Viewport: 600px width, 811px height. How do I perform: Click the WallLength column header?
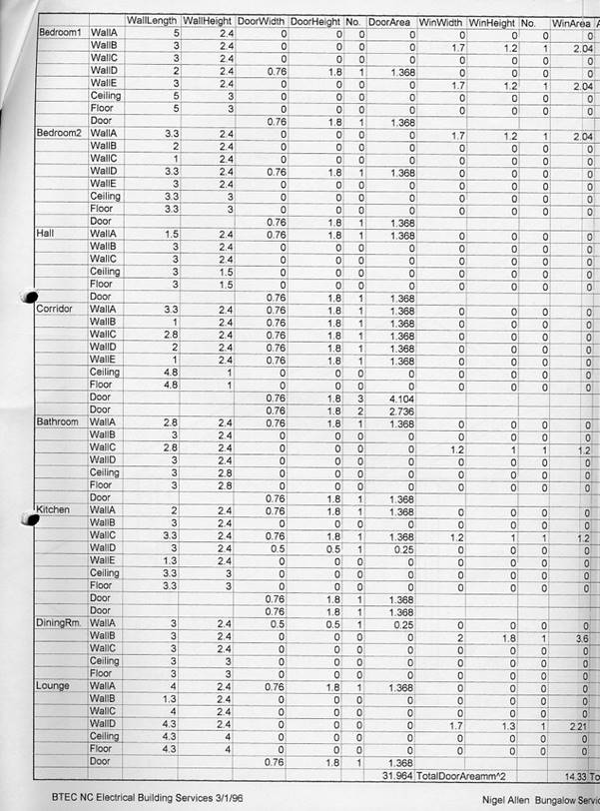(x=153, y=21)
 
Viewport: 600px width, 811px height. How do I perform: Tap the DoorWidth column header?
(x=262, y=21)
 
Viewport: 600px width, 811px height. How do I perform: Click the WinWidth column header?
(x=441, y=21)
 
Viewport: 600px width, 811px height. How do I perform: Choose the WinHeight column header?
(x=491, y=21)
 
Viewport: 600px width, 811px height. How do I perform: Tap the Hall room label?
(x=47, y=233)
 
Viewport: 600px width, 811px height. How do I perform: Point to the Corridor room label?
(x=56, y=309)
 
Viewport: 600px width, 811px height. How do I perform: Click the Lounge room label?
(x=53, y=686)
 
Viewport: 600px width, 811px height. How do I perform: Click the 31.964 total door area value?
(x=397, y=775)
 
